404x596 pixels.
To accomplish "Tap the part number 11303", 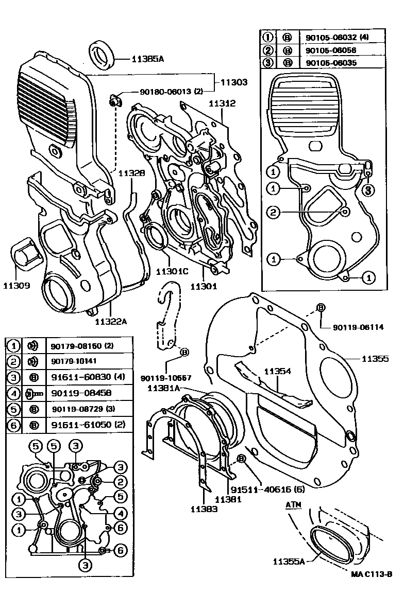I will coord(234,81).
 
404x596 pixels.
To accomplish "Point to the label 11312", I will coord(222,103).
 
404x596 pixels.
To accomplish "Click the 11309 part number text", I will coord(18,285).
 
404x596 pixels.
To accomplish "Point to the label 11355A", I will coord(289,561).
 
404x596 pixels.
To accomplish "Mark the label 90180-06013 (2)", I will coord(171,92).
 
